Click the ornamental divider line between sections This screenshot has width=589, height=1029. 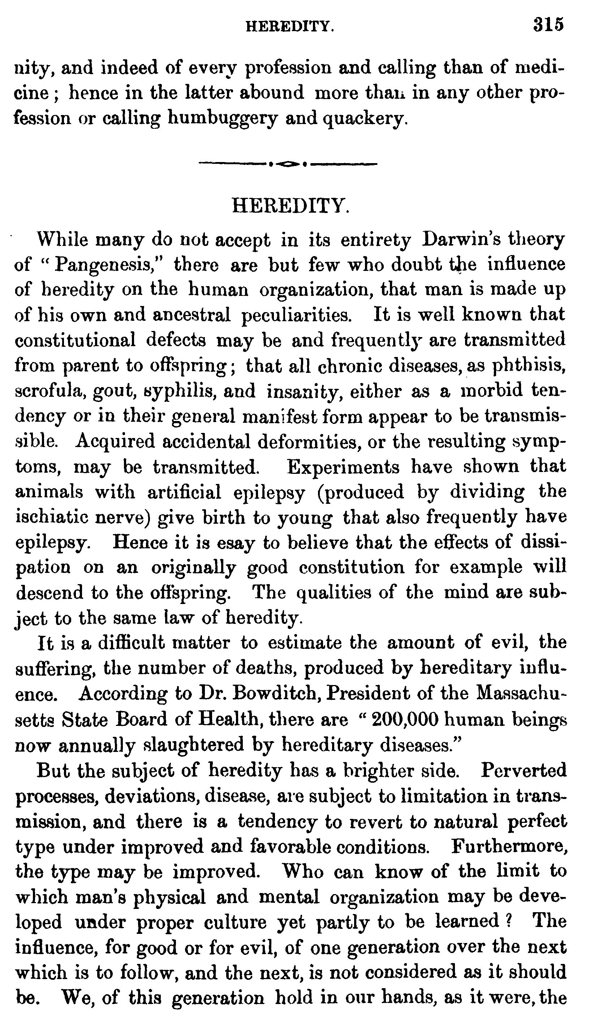[288, 164]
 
